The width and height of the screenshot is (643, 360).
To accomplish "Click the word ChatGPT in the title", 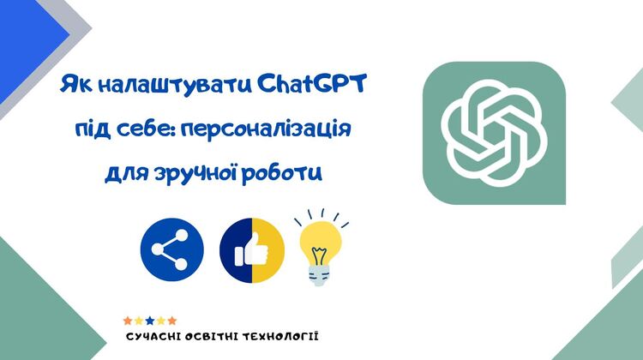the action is coord(312,85).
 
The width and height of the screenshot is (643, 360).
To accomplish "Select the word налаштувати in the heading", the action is coord(175,86).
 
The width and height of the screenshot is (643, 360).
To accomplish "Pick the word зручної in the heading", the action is coord(195,172).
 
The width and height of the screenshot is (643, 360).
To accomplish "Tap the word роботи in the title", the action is coord(281,173).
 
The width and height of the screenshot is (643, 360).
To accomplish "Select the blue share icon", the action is coord(171,249).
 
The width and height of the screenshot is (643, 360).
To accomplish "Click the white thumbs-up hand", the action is coord(250,249).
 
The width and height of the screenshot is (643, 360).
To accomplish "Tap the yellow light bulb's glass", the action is coord(321,243).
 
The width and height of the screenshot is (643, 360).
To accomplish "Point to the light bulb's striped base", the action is coord(319,274).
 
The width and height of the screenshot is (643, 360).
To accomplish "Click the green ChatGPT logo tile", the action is coord(494,133).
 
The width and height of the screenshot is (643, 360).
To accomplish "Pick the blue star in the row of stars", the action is coord(150,321).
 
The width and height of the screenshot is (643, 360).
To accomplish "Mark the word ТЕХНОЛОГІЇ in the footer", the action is coord(280,337).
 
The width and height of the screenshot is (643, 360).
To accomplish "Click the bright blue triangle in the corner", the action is coord(25,41).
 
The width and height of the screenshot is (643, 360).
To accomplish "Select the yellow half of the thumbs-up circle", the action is coord(268,250).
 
